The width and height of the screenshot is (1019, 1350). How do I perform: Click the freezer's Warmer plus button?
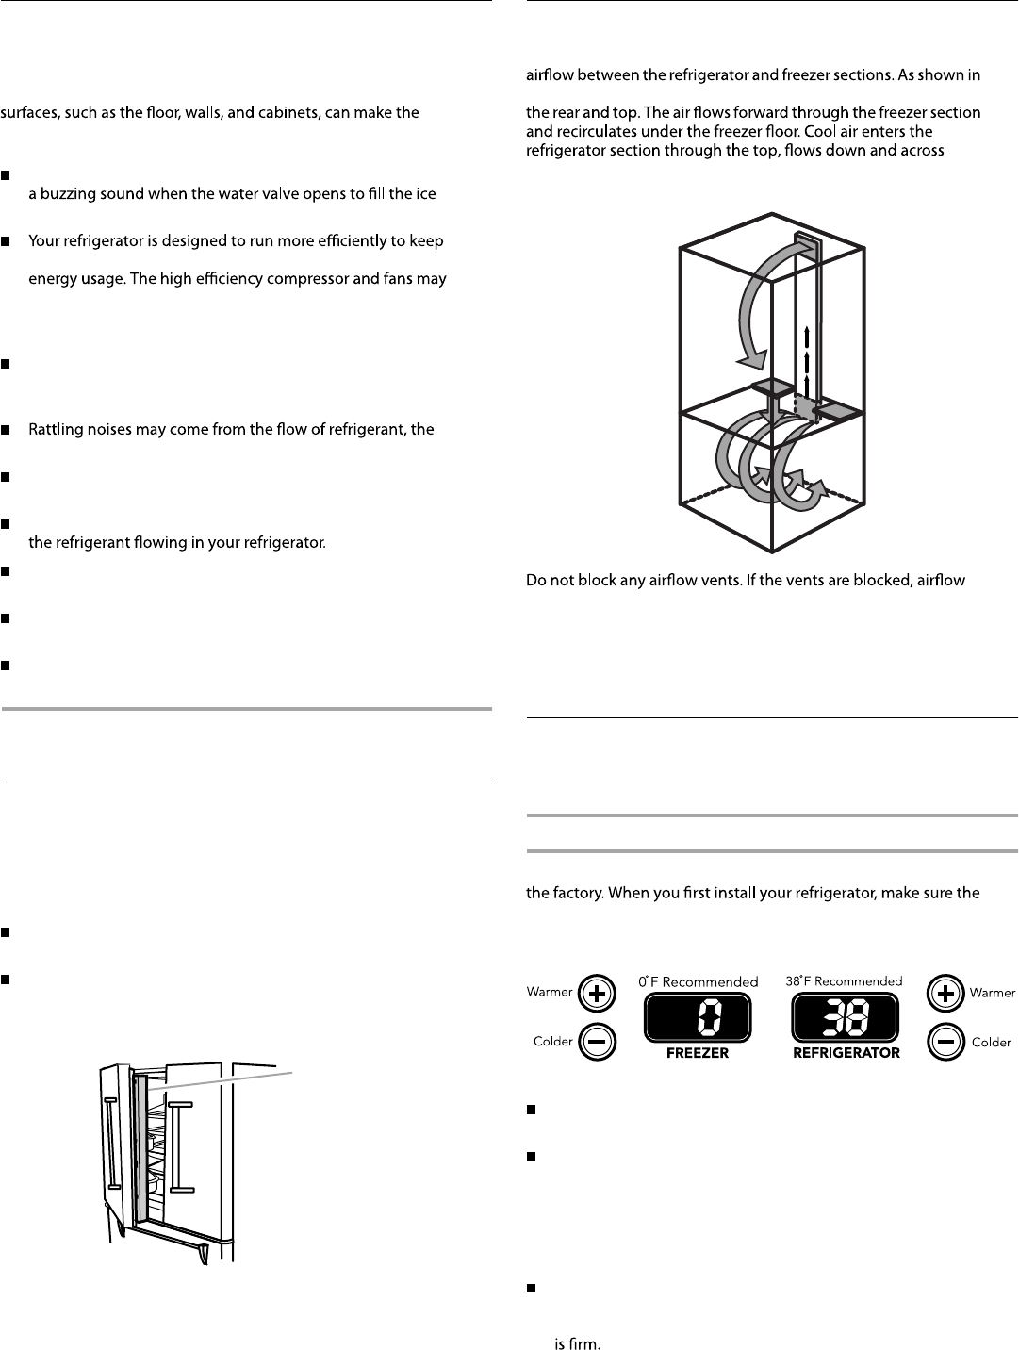[x=598, y=992]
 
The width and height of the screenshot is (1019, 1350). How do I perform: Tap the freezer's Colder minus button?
[x=598, y=1042]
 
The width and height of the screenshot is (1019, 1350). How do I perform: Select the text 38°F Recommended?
[x=844, y=981]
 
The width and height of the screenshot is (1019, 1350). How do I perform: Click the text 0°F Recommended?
[x=698, y=981]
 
